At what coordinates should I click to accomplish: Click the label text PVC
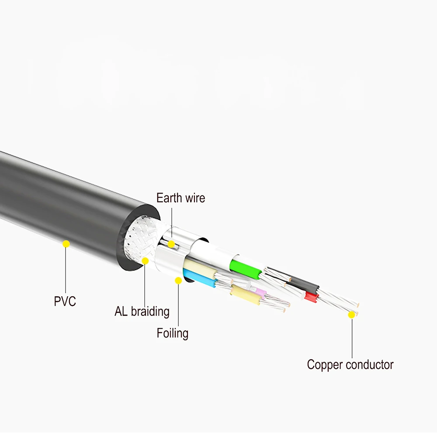click(65, 301)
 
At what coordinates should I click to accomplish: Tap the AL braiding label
click(142, 311)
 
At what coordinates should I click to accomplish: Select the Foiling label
click(173, 333)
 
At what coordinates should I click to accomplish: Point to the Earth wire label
click(180, 198)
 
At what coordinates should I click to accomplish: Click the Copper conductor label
click(350, 364)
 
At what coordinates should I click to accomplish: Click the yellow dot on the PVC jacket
click(66, 244)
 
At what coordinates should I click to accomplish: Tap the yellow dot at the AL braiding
click(145, 261)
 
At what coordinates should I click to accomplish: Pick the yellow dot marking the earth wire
click(171, 244)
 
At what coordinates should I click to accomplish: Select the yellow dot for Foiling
click(178, 281)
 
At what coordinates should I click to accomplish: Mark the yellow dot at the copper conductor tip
click(352, 315)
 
